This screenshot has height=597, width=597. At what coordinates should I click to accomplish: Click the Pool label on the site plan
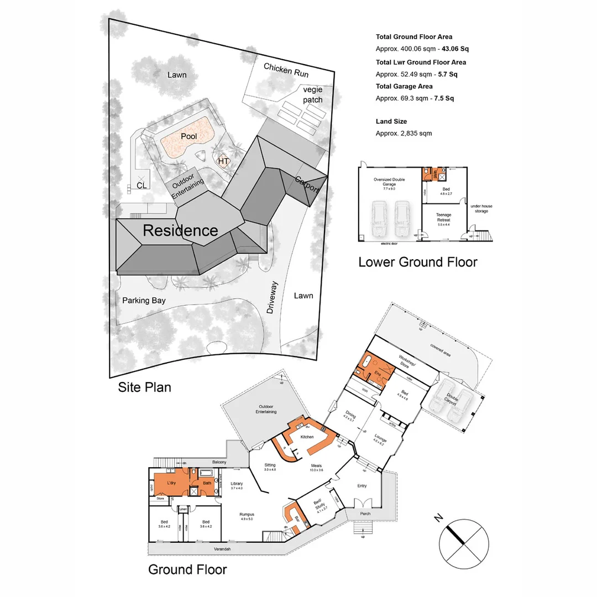point(189,136)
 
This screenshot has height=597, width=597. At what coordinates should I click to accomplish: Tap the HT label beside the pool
point(224,161)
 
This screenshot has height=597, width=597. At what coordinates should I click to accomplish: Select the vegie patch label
point(312,95)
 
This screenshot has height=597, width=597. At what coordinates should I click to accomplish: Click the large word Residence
point(180,231)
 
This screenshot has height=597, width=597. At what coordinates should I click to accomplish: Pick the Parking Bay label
point(144,300)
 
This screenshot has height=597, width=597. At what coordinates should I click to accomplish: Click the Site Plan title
point(144,387)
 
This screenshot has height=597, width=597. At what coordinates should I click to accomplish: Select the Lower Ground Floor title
point(417,261)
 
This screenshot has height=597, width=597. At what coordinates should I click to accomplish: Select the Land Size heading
point(391,121)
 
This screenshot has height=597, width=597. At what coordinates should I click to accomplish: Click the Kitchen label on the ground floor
point(307,437)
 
